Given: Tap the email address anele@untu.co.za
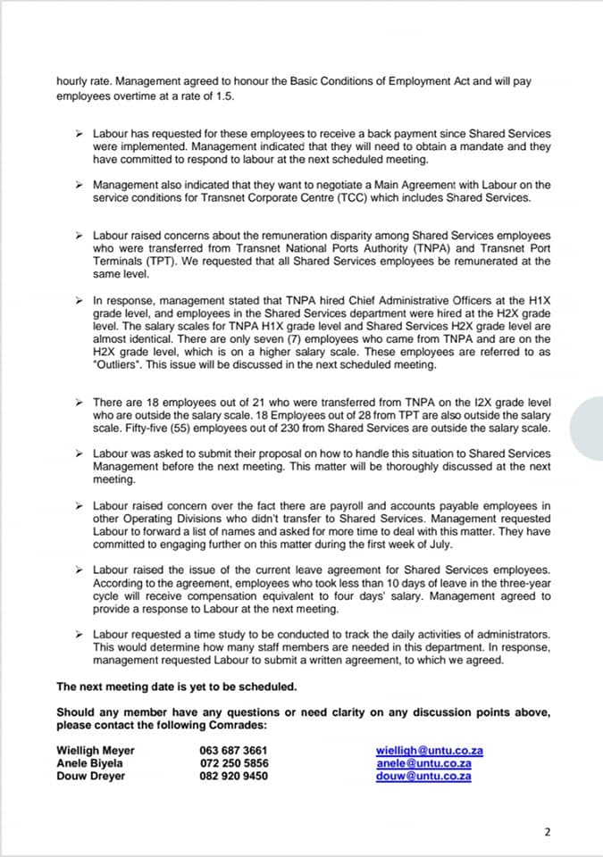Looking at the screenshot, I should pos(423,763).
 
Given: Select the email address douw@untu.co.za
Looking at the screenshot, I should pos(423,776).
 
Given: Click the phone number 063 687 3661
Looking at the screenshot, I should pos(233,751).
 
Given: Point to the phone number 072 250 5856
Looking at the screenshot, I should pos(233,763).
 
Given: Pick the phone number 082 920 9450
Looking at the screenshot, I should pos(233,776).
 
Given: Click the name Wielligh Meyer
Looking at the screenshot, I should pos(95,751).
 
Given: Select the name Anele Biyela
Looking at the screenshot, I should pos(90,763).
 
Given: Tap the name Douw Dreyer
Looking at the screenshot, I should pos(91,776).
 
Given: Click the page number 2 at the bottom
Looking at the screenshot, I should pos(548,832).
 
